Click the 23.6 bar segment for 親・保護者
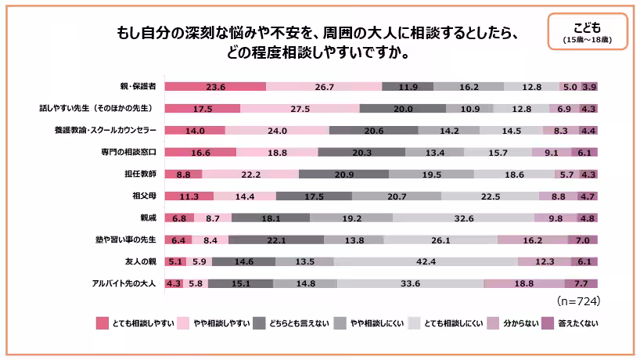tap(215, 87)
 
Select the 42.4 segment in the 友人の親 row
tap(426, 262)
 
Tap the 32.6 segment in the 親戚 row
tap(463, 218)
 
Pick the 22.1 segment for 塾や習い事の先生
tap(275, 240)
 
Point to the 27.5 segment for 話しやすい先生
tap(300, 109)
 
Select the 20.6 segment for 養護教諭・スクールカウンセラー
tap(373, 131)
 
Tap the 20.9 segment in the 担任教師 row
tap(343, 175)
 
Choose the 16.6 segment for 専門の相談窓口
tap(200, 153)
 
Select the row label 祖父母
tap(146, 196)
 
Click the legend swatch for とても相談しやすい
tap(102, 322)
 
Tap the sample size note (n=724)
tap(577, 301)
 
